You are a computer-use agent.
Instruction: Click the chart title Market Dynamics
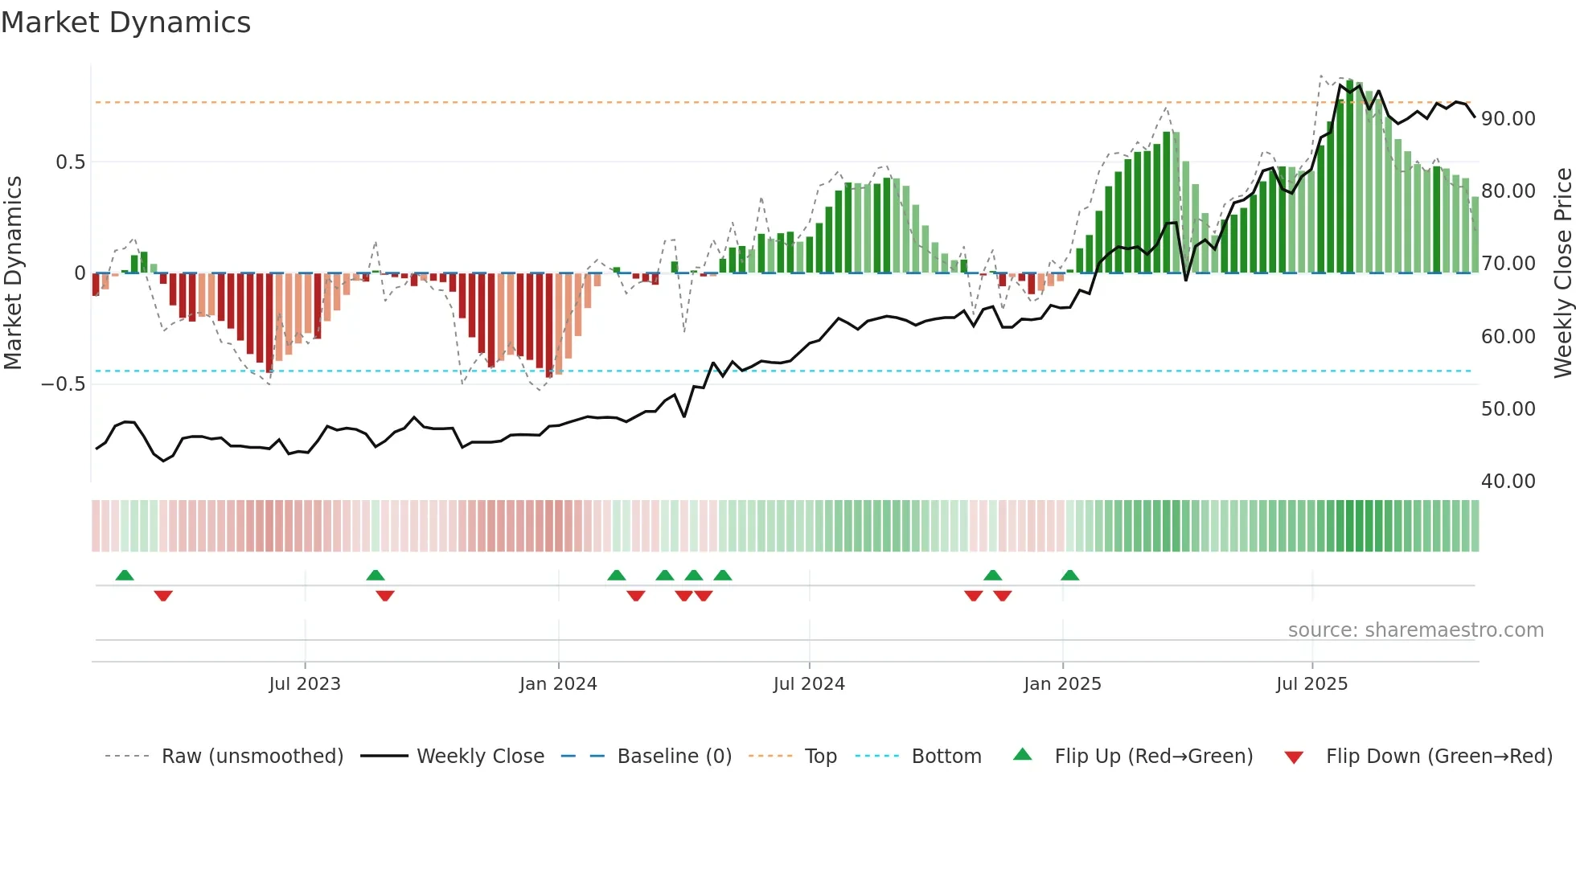tap(125, 23)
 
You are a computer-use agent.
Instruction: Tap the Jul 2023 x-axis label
tap(305, 684)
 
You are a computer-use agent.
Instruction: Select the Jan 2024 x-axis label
tap(558, 684)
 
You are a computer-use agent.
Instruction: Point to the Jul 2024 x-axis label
tap(809, 684)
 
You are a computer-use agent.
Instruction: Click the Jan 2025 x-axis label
tap(1062, 684)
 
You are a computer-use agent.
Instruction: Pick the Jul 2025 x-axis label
tap(1311, 684)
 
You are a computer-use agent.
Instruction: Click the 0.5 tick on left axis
tap(70, 162)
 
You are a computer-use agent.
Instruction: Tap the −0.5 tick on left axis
tap(64, 384)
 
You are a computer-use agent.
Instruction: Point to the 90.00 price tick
tap(1508, 119)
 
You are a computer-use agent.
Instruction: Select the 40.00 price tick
tap(1508, 482)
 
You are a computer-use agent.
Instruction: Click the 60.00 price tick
tap(1508, 337)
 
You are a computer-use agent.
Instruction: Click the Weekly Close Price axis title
tap(1562, 273)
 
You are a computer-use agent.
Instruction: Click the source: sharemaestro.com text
tap(1415, 630)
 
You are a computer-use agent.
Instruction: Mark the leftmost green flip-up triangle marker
tap(125, 576)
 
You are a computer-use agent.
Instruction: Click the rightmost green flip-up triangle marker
tap(1069, 576)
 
